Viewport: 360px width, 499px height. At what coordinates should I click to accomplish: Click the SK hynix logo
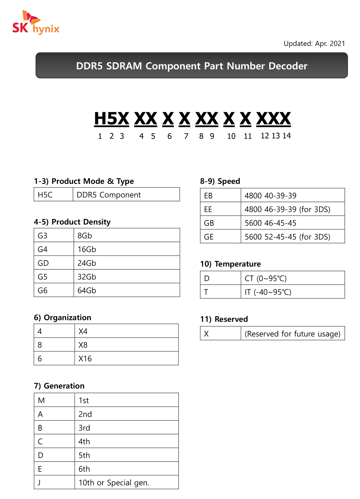(x=36, y=23)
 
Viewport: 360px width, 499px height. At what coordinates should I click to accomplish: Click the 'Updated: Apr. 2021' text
(x=314, y=44)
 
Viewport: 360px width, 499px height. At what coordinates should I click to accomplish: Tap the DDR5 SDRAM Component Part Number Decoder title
(x=191, y=66)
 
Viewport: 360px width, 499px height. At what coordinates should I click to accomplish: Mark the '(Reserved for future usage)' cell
(x=292, y=334)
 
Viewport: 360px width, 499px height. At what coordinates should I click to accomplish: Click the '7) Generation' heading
(x=59, y=386)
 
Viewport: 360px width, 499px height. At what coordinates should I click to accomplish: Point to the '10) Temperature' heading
(x=230, y=264)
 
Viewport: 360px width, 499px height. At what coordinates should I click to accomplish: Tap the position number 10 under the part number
(x=231, y=136)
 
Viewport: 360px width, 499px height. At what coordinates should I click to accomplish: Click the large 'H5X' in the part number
(x=111, y=119)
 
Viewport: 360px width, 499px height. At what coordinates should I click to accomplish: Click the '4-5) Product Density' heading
(x=72, y=222)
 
